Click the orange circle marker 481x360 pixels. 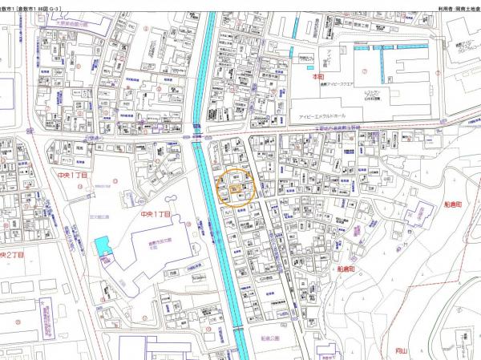coord(237,188)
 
